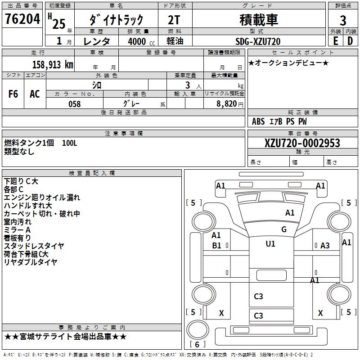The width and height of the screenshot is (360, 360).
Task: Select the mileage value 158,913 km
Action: [53, 64]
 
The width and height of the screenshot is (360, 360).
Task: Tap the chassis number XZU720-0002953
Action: [302, 144]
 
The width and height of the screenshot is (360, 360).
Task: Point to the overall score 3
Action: [343, 20]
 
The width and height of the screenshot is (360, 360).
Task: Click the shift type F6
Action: [13, 94]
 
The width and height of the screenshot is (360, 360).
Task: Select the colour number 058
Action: [74, 104]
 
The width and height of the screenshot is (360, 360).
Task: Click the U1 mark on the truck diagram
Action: [270, 244]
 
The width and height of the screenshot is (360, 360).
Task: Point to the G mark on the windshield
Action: [283, 229]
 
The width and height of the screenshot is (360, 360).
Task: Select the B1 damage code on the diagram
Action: [216, 246]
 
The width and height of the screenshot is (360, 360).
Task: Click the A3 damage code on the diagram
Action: [325, 246]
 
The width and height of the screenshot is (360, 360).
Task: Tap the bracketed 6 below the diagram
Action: [197, 345]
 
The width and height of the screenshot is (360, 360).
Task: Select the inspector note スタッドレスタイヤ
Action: [34, 246]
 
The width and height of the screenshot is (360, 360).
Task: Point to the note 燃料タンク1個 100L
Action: [40, 143]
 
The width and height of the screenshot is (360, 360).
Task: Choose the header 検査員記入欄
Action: [92, 173]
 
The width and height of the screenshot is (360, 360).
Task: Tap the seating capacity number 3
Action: [186, 85]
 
